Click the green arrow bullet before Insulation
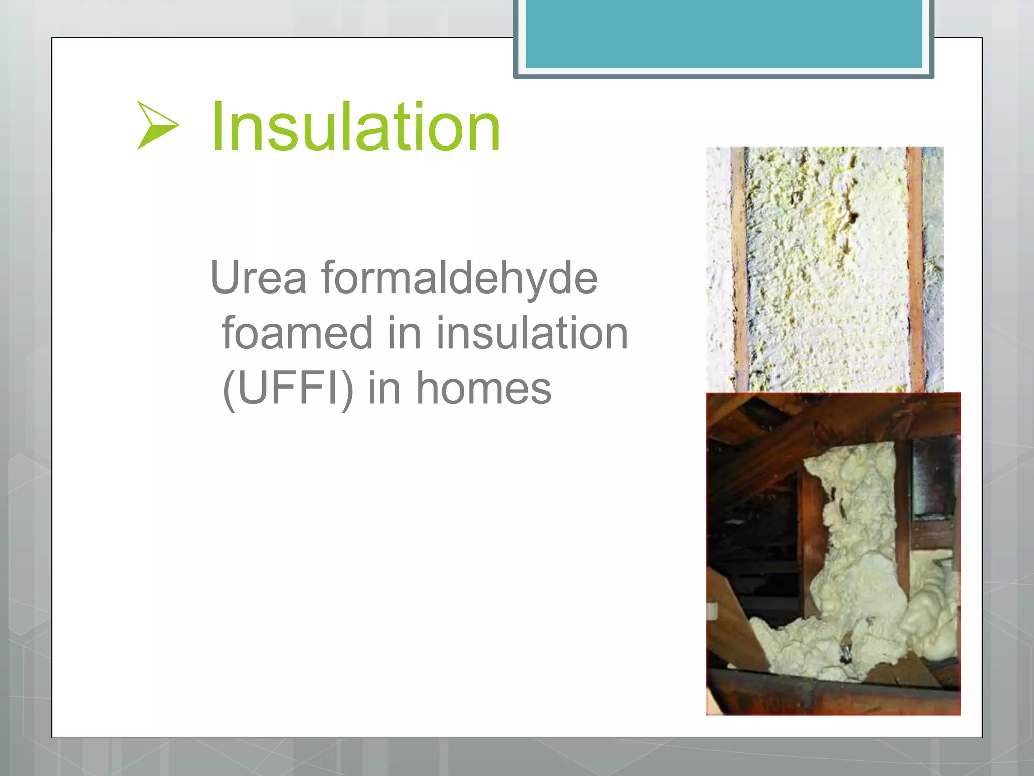(x=157, y=125)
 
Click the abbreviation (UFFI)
(x=288, y=388)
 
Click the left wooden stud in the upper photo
(x=740, y=268)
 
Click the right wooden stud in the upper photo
(x=915, y=268)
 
